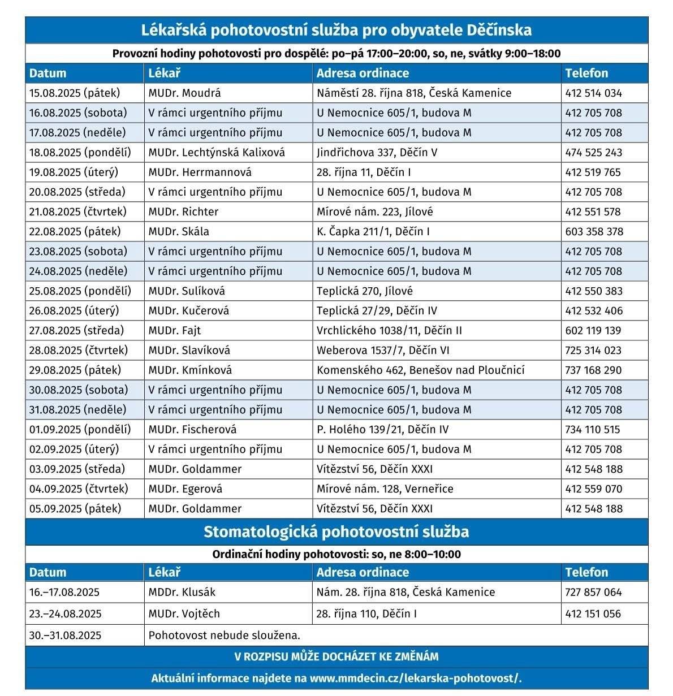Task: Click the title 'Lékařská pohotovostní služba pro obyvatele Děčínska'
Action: [x=336, y=30]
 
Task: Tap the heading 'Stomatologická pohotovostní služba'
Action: [x=336, y=532]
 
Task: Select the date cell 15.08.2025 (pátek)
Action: [x=75, y=93]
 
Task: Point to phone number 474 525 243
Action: [x=593, y=153]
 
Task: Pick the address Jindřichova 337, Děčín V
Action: [x=377, y=153]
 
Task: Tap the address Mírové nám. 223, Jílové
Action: [x=374, y=212]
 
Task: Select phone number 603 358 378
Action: [x=594, y=232]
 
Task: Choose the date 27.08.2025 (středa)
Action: [x=76, y=331]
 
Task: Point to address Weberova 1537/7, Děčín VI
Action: [x=383, y=351]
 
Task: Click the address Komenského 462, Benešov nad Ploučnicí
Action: [x=420, y=370]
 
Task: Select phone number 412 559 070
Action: [x=593, y=489]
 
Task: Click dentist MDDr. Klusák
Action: [x=182, y=593]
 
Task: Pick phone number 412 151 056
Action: [x=593, y=614]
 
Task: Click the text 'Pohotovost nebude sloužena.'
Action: [x=225, y=636]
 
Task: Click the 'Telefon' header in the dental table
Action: [x=586, y=572]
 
